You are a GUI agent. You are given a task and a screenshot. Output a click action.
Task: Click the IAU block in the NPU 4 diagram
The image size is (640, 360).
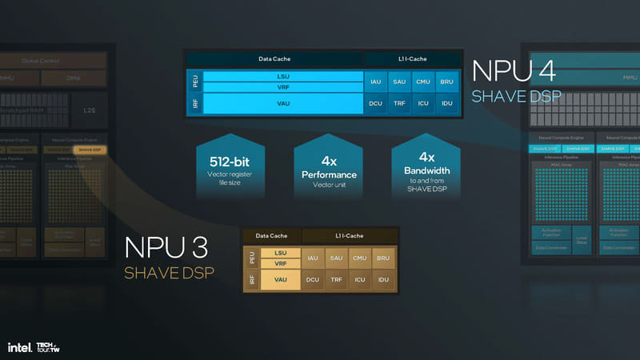point(375,82)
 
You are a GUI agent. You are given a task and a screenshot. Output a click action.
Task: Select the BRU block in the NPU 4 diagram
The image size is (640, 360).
point(447,82)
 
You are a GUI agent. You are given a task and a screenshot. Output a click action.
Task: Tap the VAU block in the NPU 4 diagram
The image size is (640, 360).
point(282,103)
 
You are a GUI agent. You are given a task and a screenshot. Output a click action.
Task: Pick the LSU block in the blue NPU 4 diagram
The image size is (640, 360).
point(282,77)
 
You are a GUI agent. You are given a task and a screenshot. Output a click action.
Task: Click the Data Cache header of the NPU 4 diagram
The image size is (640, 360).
point(274,58)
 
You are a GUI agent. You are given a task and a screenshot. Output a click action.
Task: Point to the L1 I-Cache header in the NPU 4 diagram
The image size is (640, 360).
point(412,58)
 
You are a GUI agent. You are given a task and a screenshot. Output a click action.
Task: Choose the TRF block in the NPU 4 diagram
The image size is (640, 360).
point(399,103)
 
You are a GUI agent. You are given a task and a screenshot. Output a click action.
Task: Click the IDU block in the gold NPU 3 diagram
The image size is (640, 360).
point(384,281)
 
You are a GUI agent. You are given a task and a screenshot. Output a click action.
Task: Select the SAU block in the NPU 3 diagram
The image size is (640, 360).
point(336,258)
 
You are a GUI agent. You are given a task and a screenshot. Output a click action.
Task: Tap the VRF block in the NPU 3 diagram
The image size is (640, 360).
point(280,263)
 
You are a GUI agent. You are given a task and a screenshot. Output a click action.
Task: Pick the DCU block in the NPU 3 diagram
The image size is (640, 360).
point(312,281)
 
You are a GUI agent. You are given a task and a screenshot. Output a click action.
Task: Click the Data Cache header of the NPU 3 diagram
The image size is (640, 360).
point(272,236)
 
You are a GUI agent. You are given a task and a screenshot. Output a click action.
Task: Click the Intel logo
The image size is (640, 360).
point(19,347)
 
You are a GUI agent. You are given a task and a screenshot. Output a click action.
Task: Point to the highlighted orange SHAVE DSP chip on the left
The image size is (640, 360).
point(89,150)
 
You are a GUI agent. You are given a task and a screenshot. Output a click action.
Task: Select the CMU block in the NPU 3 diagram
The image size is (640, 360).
point(360,258)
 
